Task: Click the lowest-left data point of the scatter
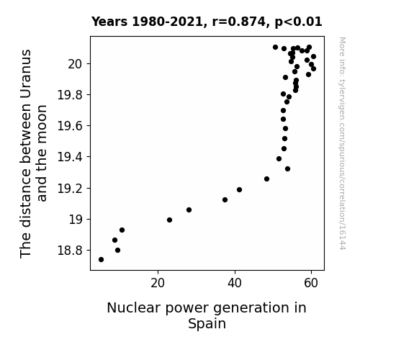pos(101,260)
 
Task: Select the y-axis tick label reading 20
pos(76,64)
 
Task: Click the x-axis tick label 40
pos(235,283)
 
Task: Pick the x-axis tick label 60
pos(311,283)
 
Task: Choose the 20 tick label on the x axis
pos(158,283)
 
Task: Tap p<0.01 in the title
pos(298,22)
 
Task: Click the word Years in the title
pos(109,22)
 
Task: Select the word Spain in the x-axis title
pos(207,323)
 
